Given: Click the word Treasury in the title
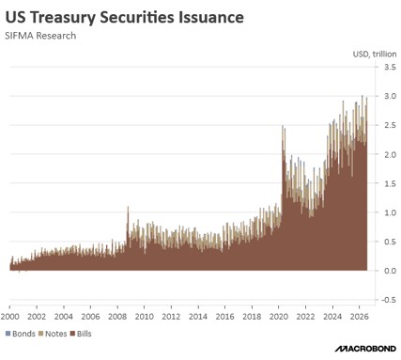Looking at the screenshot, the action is (x=63, y=18).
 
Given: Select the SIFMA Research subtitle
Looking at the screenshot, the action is (x=40, y=36).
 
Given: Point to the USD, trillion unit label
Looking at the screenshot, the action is (x=375, y=55).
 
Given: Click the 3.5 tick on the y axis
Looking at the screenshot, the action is (x=390, y=67).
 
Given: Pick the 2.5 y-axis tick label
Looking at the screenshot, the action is (x=390, y=125).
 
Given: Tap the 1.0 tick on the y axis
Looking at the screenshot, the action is (x=390, y=212).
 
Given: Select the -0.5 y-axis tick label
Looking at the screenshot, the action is (x=389, y=300).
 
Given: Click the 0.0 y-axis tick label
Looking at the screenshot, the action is (x=390, y=271).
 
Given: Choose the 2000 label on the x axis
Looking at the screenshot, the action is (x=10, y=317).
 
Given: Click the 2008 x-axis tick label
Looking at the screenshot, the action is (x=117, y=317).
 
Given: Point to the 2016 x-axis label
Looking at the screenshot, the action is (x=225, y=317).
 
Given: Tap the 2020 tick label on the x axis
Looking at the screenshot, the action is (x=279, y=317).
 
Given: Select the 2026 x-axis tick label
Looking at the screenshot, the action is (x=360, y=317).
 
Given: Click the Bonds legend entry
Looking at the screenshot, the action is (x=21, y=334).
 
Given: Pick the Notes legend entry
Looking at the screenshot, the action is (x=53, y=334).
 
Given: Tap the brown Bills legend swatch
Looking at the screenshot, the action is (x=73, y=334).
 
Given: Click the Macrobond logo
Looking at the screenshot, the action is (x=365, y=349).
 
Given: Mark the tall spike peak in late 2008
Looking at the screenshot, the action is (x=128, y=207).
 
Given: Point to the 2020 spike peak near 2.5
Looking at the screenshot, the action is (x=283, y=126).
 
